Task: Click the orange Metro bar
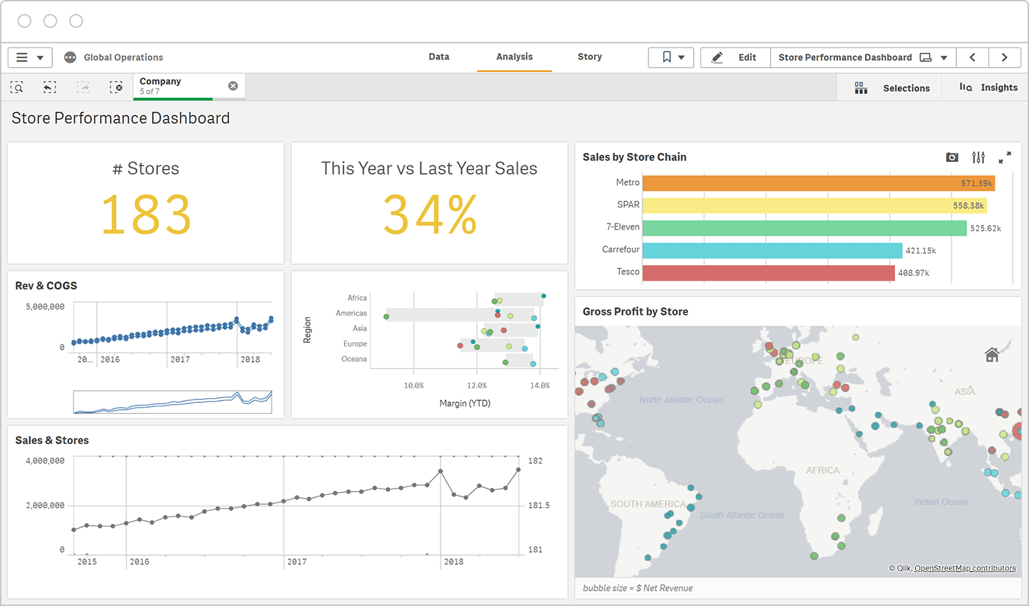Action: click(817, 183)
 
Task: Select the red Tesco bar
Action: click(768, 272)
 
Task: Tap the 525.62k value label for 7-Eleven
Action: click(985, 228)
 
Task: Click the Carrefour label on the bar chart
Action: click(621, 249)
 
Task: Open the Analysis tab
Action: click(514, 57)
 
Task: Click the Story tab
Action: click(589, 57)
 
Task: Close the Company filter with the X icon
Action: click(233, 86)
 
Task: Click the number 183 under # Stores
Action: click(146, 215)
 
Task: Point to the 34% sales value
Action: click(429, 215)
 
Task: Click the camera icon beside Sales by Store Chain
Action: click(952, 158)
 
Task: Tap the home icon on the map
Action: click(991, 355)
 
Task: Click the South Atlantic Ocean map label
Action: click(741, 515)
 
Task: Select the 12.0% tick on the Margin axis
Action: click(477, 385)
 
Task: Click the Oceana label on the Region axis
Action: click(353, 359)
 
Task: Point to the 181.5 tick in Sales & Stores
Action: click(538, 505)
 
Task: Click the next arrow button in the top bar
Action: click(1004, 57)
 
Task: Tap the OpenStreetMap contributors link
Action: click(965, 568)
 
